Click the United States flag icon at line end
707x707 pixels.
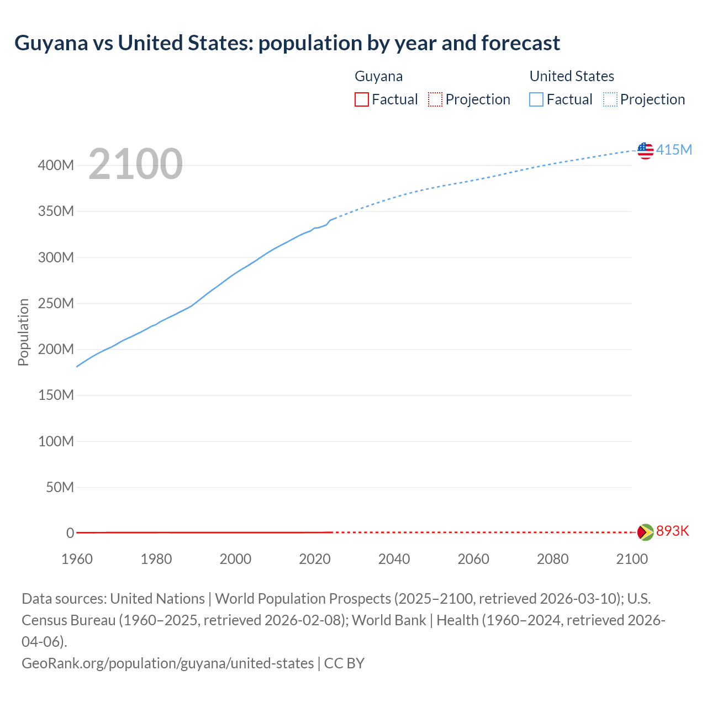point(645,150)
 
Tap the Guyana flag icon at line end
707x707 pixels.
point(645,532)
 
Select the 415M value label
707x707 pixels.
point(674,150)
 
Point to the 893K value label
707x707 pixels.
point(673,531)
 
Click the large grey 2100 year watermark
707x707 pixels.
point(135,164)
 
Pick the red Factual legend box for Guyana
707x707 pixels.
point(361,99)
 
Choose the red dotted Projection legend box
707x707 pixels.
point(435,99)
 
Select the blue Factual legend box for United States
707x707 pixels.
point(536,99)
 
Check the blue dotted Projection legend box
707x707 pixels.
point(610,99)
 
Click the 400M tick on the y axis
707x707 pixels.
point(56,165)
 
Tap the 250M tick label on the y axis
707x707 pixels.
point(56,303)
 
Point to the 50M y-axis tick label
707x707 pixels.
point(60,487)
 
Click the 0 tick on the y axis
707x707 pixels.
point(70,533)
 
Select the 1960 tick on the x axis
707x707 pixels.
point(77,559)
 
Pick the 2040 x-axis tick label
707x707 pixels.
point(394,559)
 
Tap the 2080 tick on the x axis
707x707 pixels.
point(552,559)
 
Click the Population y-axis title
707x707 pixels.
point(23,332)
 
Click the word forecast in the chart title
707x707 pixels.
point(520,43)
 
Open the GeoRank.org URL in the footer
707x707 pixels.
point(167,663)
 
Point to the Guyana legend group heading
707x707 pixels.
point(378,76)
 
